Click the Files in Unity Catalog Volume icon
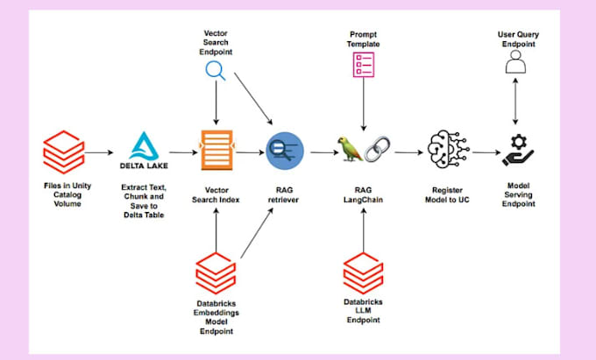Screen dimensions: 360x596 pyautogui.click(x=62, y=152)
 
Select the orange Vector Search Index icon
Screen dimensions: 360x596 pyautogui.click(x=215, y=152)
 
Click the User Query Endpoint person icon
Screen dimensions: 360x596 pyautogui.click(x=516, y=62)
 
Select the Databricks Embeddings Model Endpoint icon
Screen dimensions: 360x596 pyautogui.click(x=215, y=271)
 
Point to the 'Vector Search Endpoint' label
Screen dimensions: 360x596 pyautogui.click(x=216, y=41)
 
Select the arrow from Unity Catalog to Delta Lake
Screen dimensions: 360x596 pyautogui.click(x=100, y=152)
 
